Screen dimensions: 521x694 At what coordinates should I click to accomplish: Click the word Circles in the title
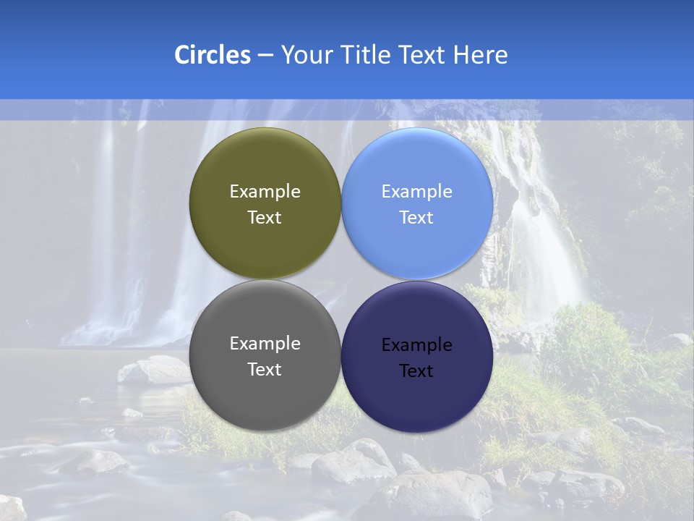tap(213, 55)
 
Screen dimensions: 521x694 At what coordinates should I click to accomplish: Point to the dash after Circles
tap(265, 56)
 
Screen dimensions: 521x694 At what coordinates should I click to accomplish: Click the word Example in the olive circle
tap(265, 192)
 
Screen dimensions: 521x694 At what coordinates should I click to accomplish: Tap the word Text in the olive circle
tap(265, 218)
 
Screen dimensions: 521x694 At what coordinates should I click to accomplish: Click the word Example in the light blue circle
tap(416, 192)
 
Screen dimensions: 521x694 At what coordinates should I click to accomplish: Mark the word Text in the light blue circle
tap(416, 218)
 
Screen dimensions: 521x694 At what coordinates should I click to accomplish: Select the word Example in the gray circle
tap(265, 344)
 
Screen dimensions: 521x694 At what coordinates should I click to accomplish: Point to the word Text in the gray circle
tap(265, 370)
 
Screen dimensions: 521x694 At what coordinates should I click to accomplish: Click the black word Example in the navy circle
tap(416, 345)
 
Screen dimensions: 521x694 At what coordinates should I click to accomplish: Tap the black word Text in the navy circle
tap(416, 371)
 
